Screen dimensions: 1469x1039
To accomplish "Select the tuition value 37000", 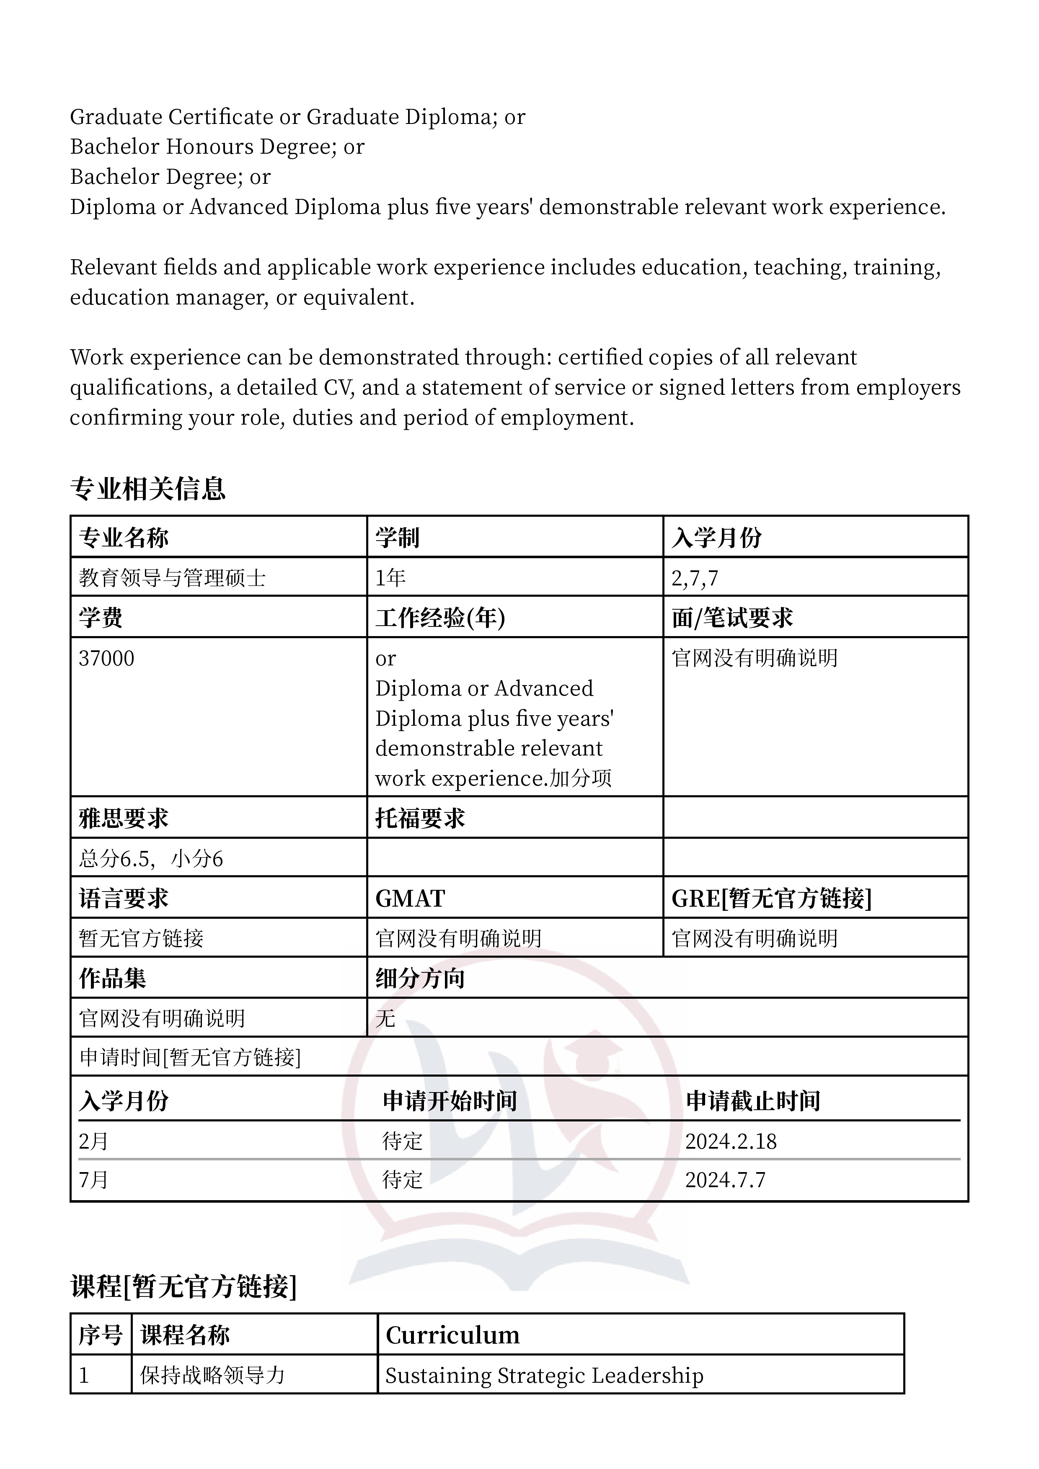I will coord(106,658).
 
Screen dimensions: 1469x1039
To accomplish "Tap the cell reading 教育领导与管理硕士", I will coord(172,578).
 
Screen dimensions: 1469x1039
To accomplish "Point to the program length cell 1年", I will coord(390,578).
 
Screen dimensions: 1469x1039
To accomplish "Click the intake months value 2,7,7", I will coord(695,578).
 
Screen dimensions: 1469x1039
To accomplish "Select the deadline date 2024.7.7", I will coord(725,1180).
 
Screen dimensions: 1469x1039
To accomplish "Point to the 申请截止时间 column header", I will coord(753,1101).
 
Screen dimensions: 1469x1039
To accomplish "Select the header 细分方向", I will coord(420,978).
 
